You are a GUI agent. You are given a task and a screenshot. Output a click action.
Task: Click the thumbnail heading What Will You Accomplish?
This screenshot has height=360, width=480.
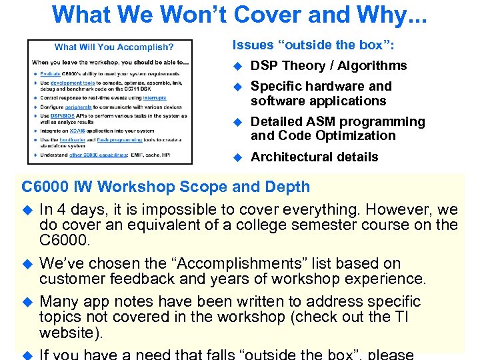[x=114, y=47]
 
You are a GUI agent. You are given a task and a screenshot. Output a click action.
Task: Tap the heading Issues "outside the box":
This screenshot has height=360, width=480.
[x=313, y=45]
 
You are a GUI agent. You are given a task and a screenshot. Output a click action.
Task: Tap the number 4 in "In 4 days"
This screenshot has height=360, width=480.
[x=61, y=209]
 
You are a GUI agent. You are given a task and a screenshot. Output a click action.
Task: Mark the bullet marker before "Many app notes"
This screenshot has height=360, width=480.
[x=27, y=302]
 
